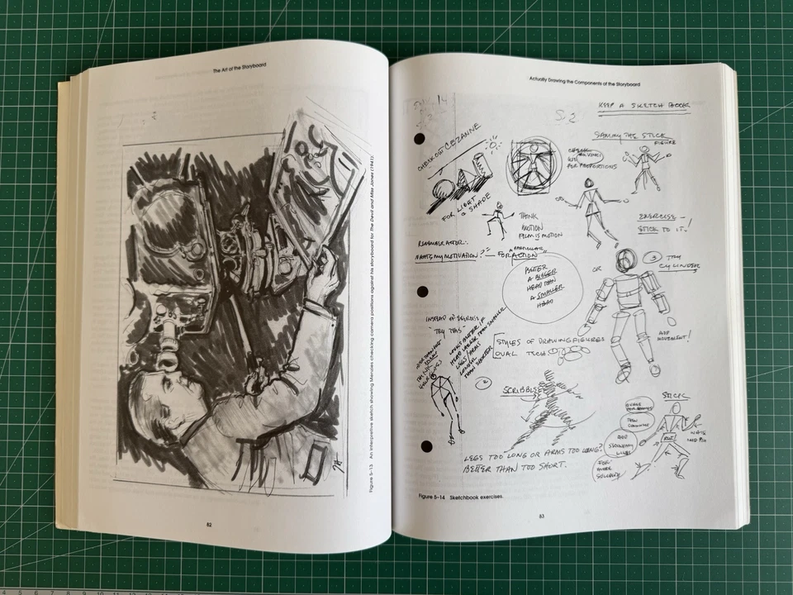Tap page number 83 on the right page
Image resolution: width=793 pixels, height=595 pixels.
pos(542,517)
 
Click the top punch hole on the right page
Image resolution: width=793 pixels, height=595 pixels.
pos(420,138)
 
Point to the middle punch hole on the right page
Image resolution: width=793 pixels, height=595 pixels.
pos(424,292)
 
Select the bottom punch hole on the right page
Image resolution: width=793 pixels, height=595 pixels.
pos(426,446)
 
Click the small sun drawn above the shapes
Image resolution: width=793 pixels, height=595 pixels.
pos(493,145)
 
